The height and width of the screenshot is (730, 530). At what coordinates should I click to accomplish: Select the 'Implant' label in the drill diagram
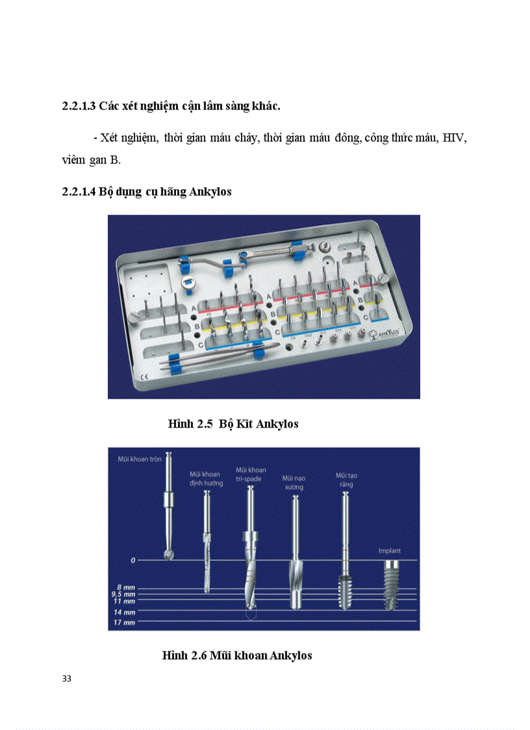point(390,551)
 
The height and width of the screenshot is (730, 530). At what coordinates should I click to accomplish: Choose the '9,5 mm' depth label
point(123,594)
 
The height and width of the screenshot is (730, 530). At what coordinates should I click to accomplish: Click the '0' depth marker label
point(114,559)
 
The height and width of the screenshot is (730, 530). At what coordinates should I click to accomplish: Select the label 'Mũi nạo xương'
point(294,482)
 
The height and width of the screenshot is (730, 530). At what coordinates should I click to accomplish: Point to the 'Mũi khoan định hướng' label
point(206,478)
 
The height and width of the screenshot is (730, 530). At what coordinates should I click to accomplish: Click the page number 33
point(66,679)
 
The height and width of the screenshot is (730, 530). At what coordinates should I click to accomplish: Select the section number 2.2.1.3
point(79,105)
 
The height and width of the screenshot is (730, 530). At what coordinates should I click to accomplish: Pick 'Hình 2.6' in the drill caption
point(184,655)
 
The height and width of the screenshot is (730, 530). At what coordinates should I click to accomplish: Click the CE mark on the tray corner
point(145,376)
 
